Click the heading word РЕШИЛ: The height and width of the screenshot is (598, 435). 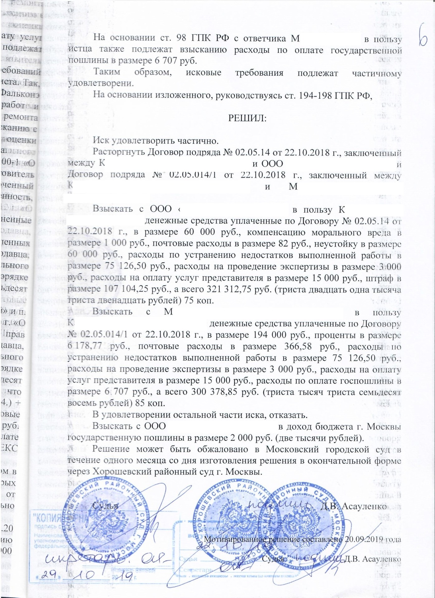coord(247,118)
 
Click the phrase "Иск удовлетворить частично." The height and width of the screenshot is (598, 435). coord(156,140)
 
